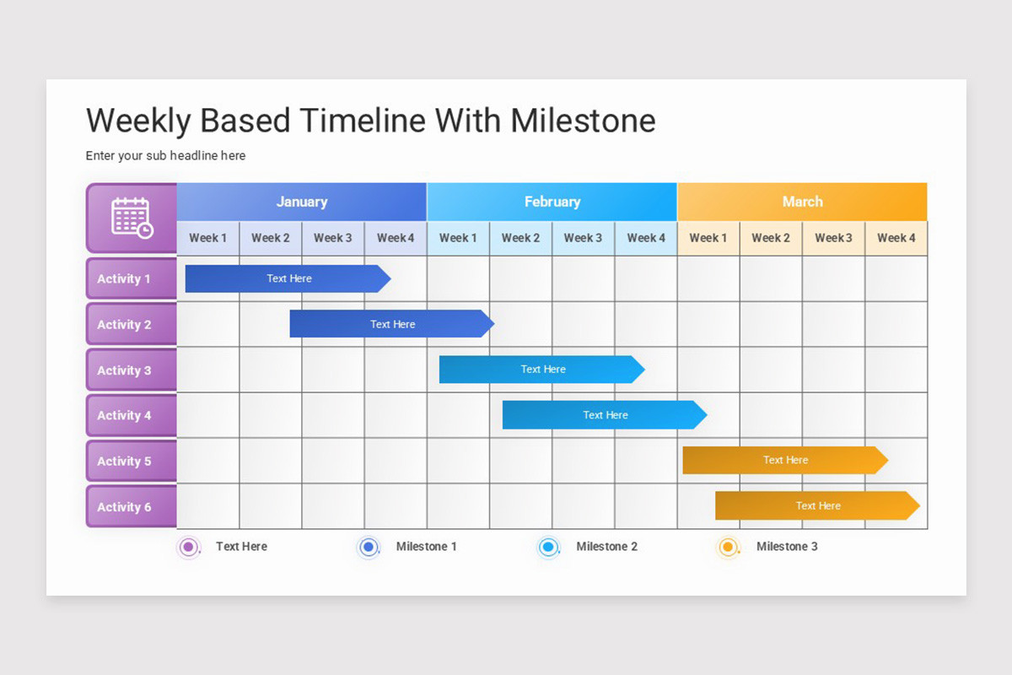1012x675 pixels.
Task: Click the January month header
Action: (x=301, y=202)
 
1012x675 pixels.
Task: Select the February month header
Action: (x=552, y=202)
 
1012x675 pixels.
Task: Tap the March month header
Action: (x=802, y=202)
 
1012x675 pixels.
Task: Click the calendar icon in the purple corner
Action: (x=132, y=218)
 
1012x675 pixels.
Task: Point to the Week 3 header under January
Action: (x=333, y=238)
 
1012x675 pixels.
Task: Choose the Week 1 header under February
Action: (x=458, y=238)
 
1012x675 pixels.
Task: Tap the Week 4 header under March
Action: (x=896, y=238)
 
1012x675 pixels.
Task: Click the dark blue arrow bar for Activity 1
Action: (x=287, y=278)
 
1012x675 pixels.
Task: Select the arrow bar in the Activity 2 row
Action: (x=391, y=324)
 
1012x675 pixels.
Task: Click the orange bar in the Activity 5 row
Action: (x=784, y=461)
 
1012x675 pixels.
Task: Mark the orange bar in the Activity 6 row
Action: (x=816, y=506)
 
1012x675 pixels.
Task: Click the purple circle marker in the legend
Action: (x=189, y=548)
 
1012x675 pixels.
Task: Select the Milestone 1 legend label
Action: (x=426, y=547)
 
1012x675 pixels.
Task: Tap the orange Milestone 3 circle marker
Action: (x=728, y=548)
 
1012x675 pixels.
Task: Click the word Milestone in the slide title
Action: (x=583, y=121)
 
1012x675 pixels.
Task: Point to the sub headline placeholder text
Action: (x=165, y=156)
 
